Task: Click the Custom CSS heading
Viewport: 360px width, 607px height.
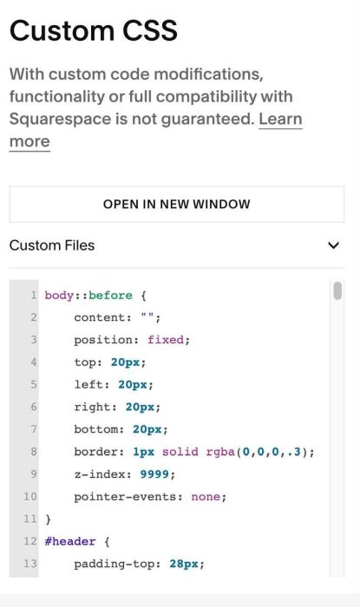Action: point(94,30)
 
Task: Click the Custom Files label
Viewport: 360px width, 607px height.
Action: point(52,245)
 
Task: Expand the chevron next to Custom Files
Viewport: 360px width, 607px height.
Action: point(333,245)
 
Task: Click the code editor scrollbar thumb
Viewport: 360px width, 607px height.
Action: point(337,290)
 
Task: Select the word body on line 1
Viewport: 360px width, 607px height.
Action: point(59,296)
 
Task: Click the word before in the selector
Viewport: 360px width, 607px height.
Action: point(110,296)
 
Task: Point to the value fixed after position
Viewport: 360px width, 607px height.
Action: point(166,340)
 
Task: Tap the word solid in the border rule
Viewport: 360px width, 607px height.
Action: point(180,452)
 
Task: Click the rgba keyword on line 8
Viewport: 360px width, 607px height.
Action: point(220,452)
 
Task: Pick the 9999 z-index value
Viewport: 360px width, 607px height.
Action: point(154,474)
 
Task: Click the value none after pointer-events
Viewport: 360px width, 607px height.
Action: point(206,497)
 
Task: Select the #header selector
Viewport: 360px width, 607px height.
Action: point(70,541)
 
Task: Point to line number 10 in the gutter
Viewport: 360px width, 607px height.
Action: point(30,497)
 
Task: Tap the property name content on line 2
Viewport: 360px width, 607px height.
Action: point(99,318)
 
